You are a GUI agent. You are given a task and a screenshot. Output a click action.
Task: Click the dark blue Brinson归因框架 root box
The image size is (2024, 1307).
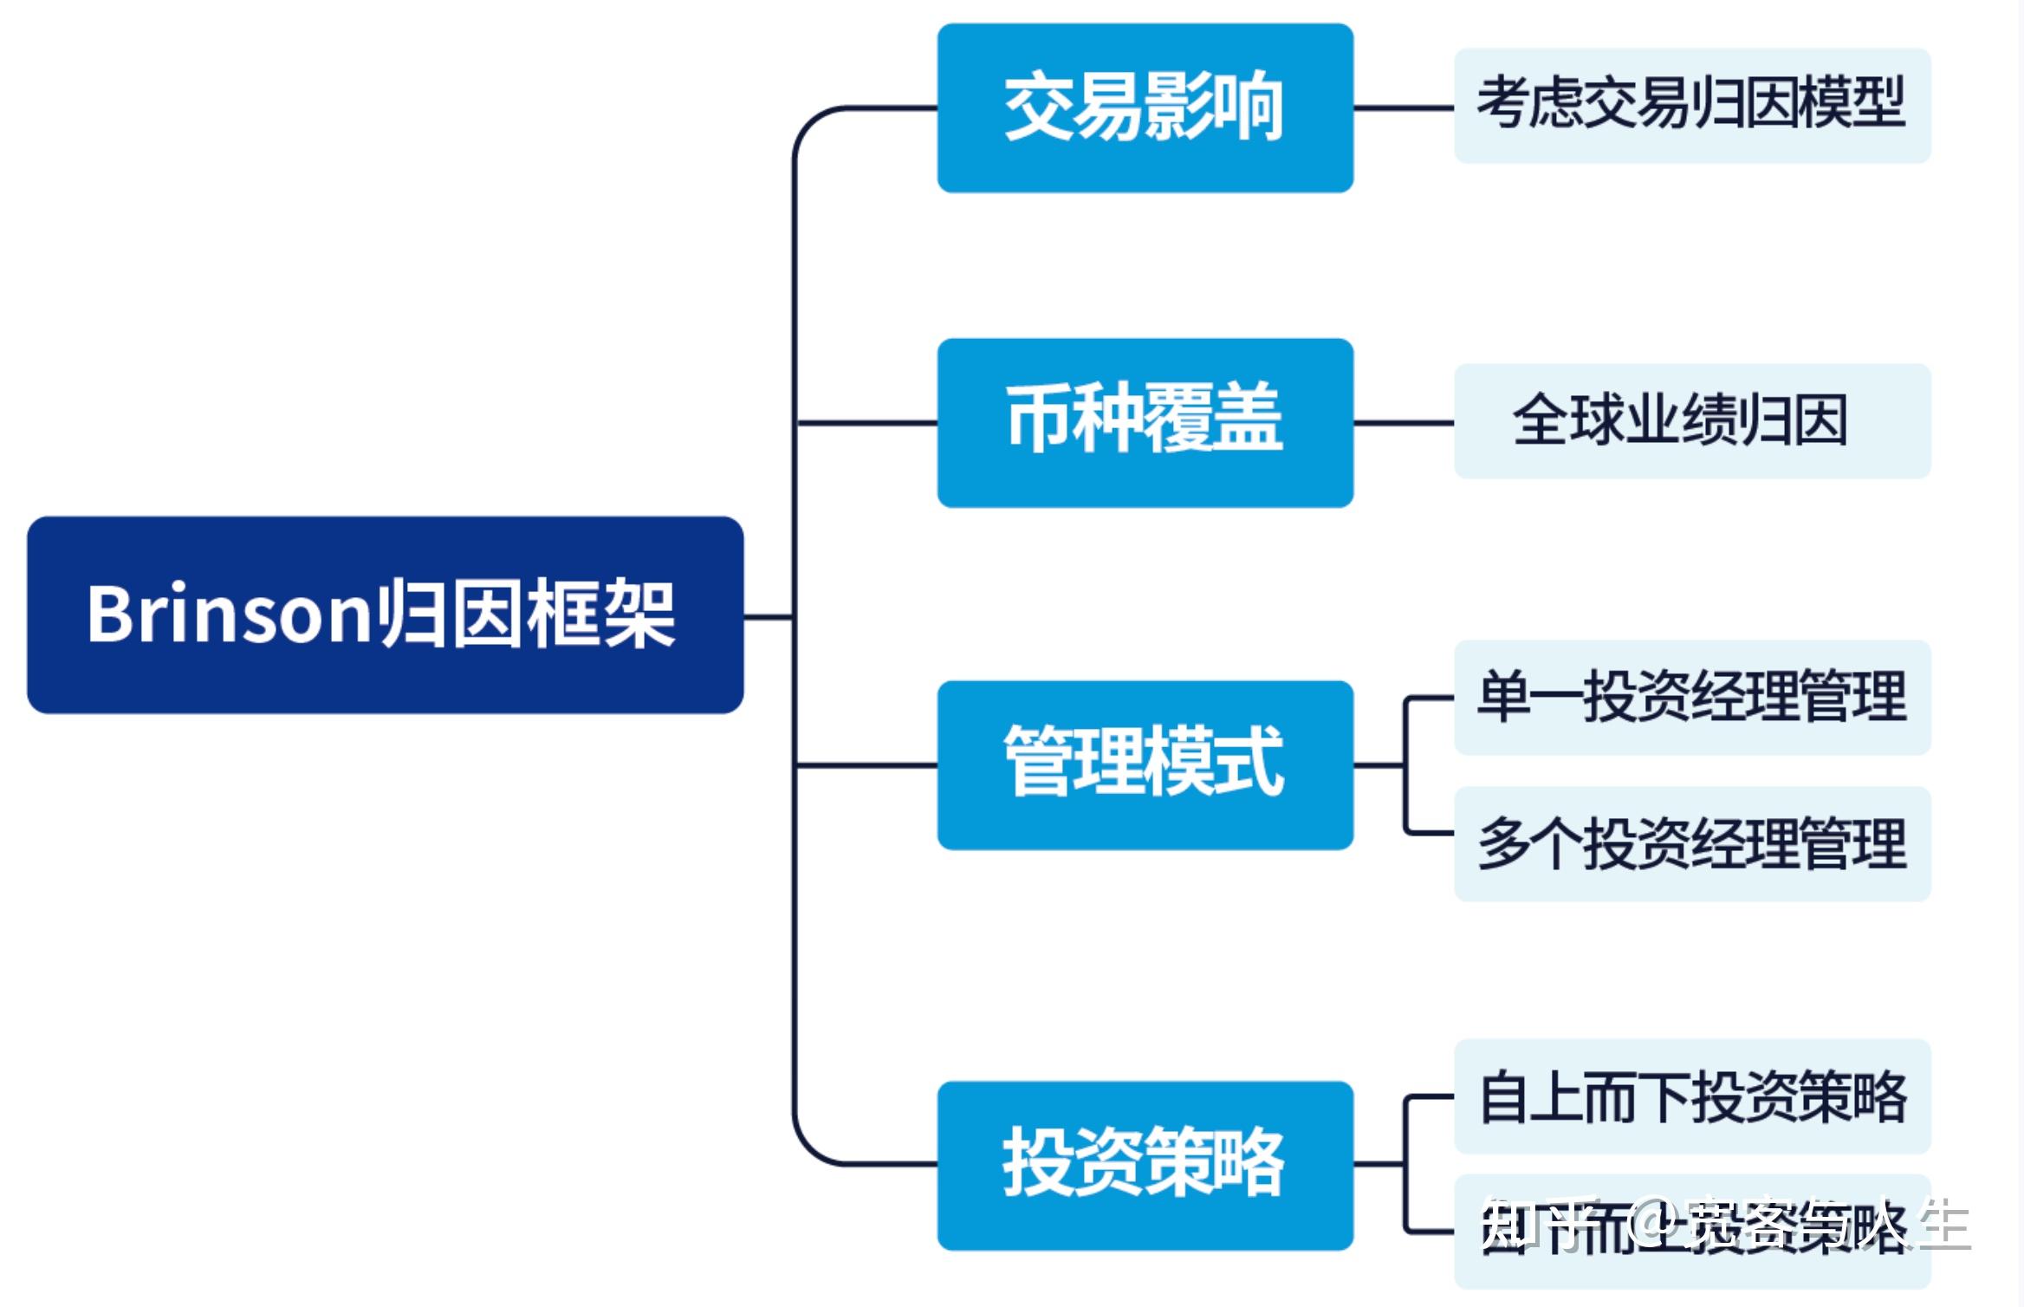[385, 614]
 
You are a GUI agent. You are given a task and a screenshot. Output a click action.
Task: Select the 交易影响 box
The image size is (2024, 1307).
[1145, 107]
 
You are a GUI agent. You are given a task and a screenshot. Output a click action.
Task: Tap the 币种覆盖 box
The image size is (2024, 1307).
[1145, 422]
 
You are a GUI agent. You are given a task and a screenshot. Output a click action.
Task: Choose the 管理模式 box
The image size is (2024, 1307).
[1145, 764]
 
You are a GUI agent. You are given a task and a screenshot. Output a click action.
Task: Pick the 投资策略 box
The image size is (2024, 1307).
[1145, 1164]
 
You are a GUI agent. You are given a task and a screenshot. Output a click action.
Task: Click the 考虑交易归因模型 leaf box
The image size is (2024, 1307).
[1691, 106]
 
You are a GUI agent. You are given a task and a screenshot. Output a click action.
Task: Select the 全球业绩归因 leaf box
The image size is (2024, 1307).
[1691, 420]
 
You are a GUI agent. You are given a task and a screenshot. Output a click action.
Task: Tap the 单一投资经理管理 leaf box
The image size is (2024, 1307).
[1691, 697]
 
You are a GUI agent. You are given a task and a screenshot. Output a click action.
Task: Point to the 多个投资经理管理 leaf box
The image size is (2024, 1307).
[1691, 843]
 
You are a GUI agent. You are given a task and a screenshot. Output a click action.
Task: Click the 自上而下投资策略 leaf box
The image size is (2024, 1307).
[1691, 1096]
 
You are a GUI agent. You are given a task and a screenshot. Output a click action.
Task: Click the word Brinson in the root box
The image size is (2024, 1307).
[229, 614]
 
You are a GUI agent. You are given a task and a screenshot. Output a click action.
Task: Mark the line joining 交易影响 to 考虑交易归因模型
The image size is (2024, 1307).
[1404, 108]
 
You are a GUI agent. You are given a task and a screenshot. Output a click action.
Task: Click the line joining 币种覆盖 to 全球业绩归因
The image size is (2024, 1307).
[1404, 423]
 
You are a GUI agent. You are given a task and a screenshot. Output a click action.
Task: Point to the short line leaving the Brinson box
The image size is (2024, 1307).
[768, 617]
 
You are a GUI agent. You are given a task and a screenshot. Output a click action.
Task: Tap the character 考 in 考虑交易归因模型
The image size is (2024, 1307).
[1504, 104]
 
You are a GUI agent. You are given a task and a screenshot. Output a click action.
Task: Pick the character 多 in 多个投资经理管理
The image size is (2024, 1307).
[1504, 843]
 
